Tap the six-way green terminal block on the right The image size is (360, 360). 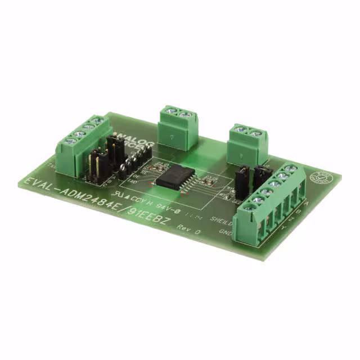(x=269, y=202)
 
